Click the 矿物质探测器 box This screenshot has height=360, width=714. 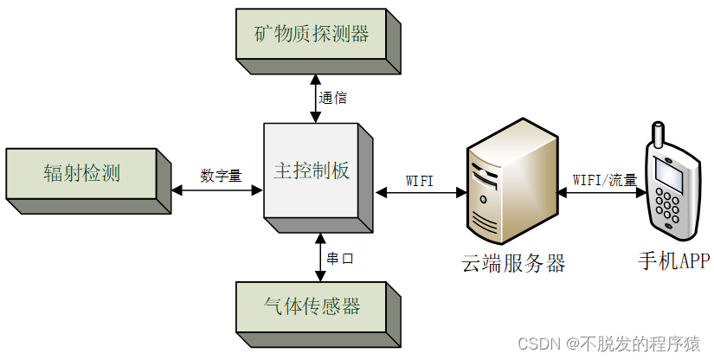pos(311,35)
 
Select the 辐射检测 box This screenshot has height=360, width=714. pos(82,173)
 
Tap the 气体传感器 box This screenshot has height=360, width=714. pos(311,305)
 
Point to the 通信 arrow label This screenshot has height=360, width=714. pos(333,98)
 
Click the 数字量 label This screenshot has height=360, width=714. pos(220,176)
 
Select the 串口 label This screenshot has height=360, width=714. pos(340,258)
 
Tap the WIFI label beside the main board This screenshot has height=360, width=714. pos(420,180)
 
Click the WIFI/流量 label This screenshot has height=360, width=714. pos(605,180)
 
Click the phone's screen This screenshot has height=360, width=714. pos(669,172)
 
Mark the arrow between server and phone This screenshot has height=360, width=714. pos(604,193)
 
